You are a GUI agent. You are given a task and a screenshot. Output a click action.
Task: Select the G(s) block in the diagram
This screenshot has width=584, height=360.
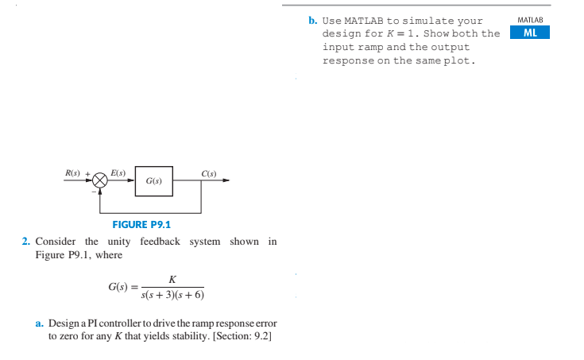pos(154,181)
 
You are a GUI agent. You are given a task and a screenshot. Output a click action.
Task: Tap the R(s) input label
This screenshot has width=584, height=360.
pos(72,172)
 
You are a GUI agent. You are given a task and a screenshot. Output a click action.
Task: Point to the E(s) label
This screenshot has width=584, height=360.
pos(118,172)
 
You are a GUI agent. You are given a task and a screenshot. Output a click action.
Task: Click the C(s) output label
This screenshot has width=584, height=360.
pos(210,172)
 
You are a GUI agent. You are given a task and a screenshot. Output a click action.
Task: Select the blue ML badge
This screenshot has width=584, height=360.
pos(529,33)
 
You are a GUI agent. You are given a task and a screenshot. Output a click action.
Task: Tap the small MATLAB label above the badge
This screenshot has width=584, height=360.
pos(529,19)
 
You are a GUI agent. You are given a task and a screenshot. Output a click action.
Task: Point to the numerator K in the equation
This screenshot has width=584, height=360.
pos(172,279)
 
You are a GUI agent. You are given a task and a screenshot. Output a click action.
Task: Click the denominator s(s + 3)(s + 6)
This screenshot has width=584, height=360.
pos(172,295)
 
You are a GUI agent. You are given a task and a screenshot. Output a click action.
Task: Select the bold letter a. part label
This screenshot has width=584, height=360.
pos(40,324)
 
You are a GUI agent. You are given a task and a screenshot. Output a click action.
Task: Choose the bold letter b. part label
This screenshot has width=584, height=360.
pos(313,21)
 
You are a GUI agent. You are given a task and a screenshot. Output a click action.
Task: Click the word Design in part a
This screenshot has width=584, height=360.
pos(64,324)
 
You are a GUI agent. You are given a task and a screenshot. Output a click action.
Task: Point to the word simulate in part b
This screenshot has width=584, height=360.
pos(432,21)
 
